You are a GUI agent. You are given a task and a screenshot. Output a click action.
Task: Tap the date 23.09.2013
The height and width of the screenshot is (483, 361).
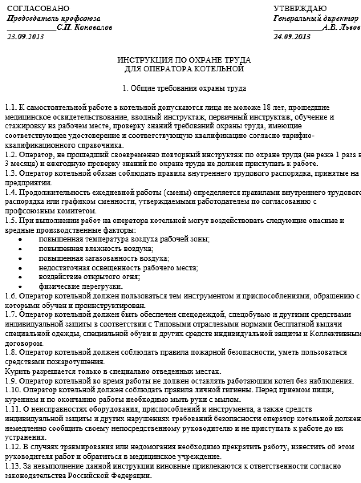[x=26, y=37]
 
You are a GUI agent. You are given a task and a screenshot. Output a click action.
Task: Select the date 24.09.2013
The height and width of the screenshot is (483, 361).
[x=292, y=37]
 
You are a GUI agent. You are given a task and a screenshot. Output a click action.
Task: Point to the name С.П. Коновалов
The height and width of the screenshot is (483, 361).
[x=85, y=27]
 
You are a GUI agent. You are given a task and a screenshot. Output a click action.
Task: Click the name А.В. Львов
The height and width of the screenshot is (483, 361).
[x=341, y=27]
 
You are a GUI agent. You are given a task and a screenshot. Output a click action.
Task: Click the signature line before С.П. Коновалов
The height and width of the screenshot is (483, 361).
[x=32, y=30]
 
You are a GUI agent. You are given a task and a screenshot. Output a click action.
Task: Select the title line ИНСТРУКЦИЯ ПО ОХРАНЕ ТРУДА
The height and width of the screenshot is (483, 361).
[x=184, y=60]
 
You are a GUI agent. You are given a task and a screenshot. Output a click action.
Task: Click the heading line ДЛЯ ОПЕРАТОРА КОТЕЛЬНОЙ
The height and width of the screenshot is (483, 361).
[x=184, y=69]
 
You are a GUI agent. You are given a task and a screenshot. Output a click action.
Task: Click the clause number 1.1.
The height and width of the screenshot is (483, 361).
[x=11, y=108]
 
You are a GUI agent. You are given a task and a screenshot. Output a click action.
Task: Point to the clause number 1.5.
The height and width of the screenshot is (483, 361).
[x=11, y=221]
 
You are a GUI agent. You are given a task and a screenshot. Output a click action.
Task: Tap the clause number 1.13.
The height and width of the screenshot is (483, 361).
[x=12, y=467]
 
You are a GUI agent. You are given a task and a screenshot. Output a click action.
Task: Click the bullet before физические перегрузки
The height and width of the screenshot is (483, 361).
[x=20, y=287]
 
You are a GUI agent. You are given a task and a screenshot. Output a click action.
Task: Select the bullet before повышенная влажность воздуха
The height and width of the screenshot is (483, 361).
[x=20, y=249]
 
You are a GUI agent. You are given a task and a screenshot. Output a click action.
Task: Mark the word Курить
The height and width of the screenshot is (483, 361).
[x=16, y=371]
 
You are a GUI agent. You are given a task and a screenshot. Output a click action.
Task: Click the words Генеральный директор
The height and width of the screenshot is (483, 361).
[x=316, y=18]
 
